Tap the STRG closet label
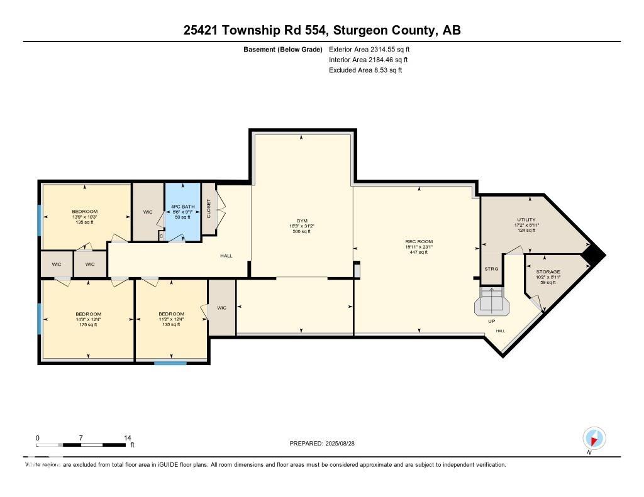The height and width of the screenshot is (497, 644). coord(491,269)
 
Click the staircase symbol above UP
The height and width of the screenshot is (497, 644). coord(492,301)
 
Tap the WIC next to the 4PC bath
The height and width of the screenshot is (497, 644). coord(148,212)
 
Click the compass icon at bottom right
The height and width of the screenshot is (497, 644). coord(594,438)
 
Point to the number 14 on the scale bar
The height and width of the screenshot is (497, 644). coord(128,438)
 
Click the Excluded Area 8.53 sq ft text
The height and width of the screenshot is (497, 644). coord(365,70)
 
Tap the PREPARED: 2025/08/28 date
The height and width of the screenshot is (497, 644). coord(326,444)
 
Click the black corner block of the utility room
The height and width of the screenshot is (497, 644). coord(594,254)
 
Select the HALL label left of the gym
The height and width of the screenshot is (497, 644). coord(226,256)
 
